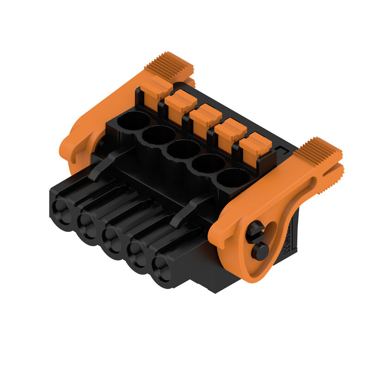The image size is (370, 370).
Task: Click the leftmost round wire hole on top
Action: (x=133, y=121)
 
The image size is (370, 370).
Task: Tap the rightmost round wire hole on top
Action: (x=233, y=178)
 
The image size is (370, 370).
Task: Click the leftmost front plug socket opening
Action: (x=60, y=210)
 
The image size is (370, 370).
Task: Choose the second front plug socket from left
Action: (x=86, y=225)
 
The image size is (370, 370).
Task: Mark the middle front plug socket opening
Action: (x=111, y=238)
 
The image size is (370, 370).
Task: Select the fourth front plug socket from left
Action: (x=136, y=253)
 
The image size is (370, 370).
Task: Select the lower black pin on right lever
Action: (x=260, y=251)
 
